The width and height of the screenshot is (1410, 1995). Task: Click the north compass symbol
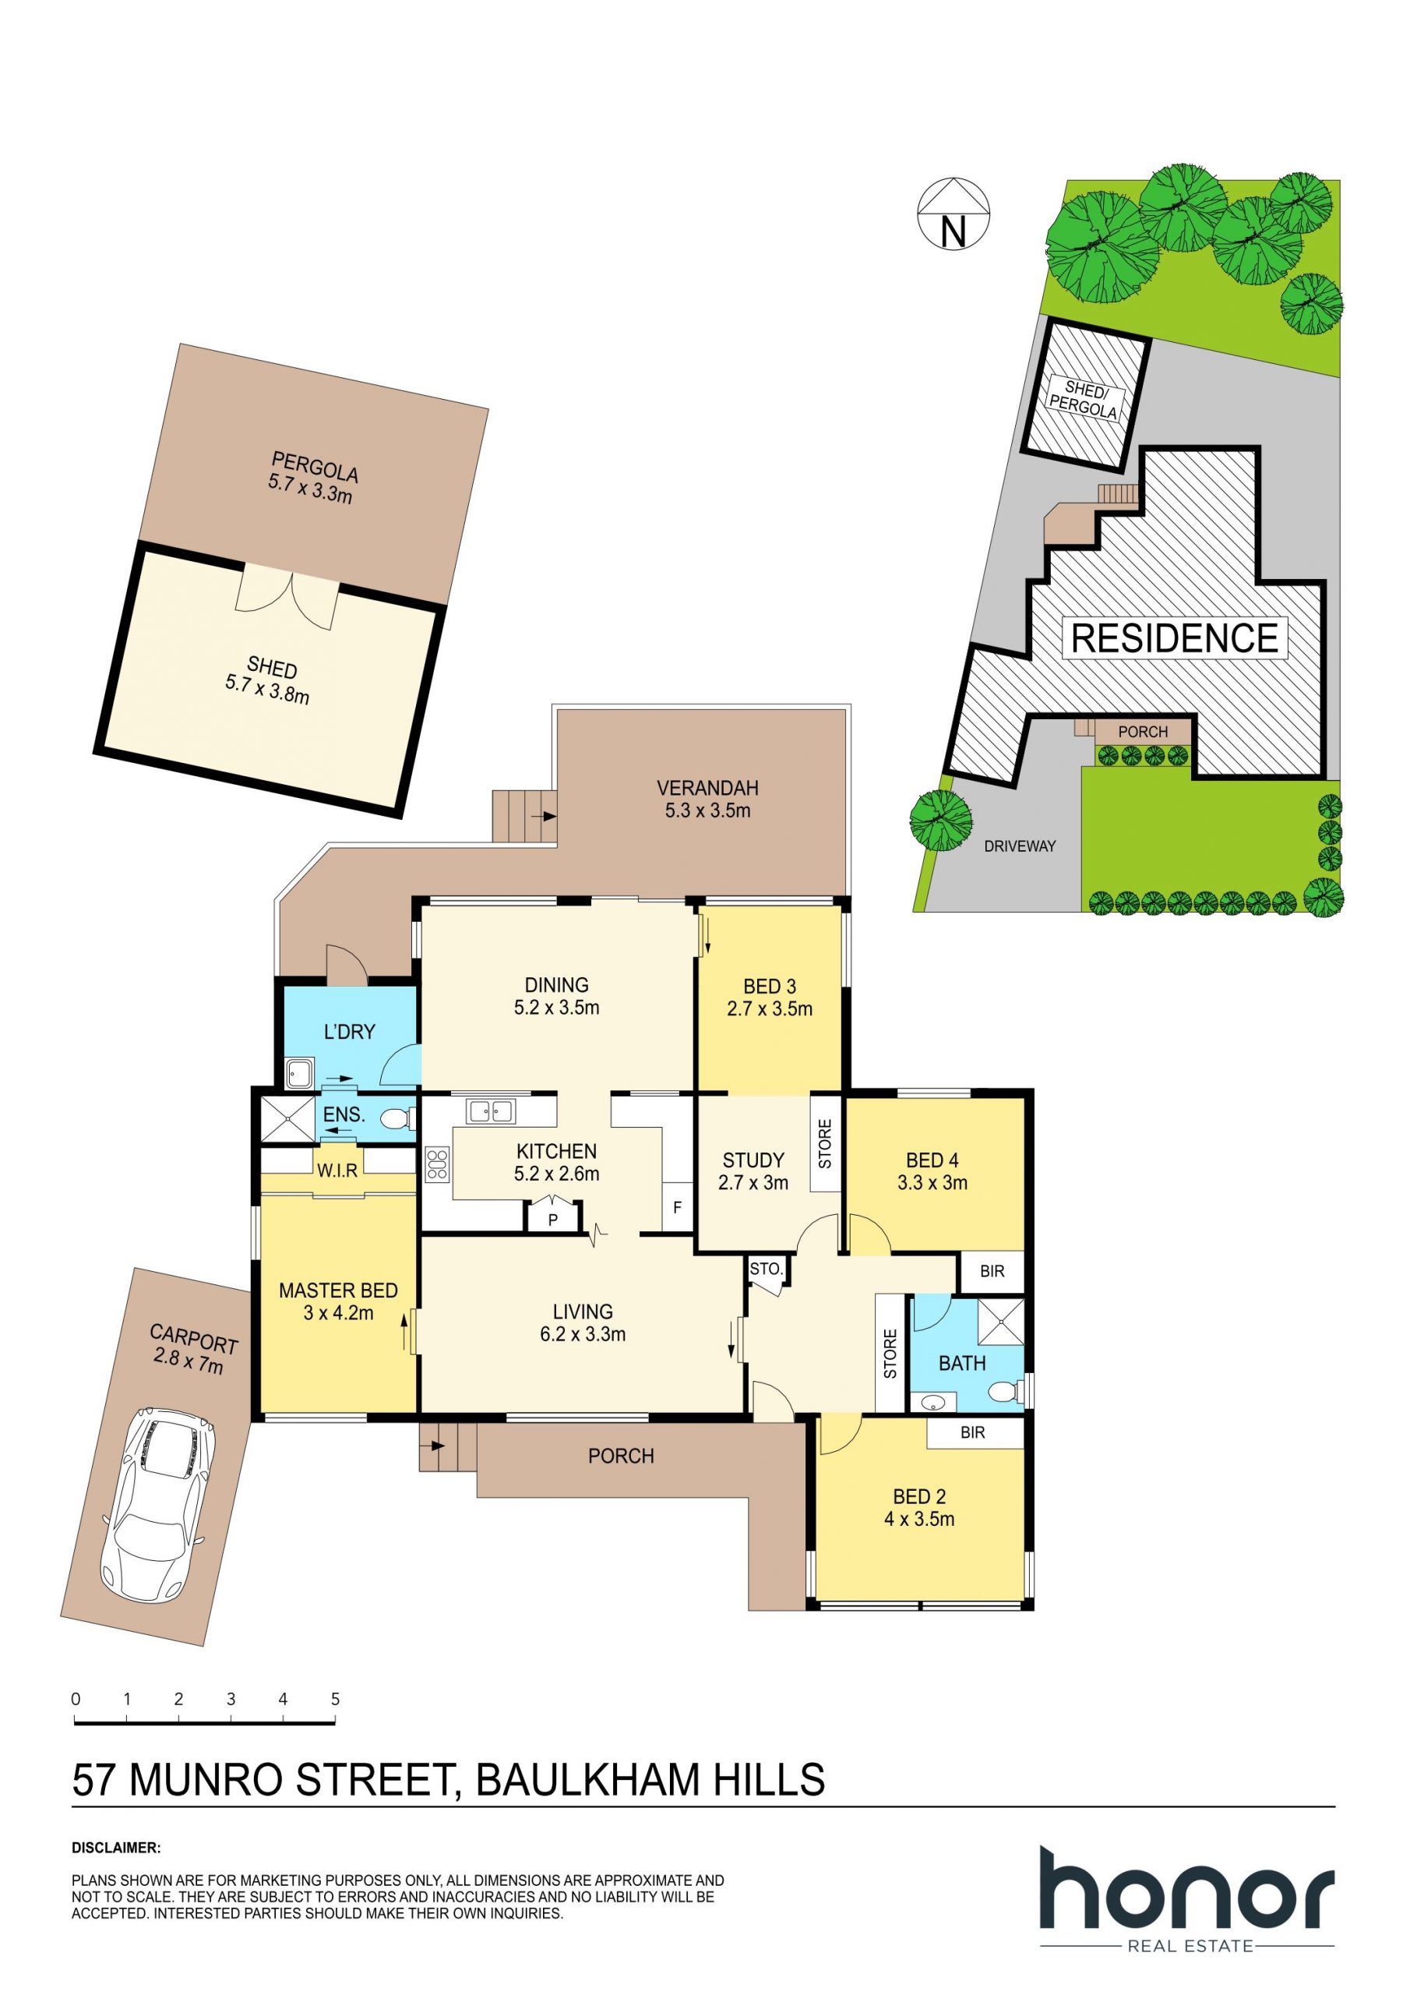point(954,214)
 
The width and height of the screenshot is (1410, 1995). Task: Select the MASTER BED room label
point(338,1291)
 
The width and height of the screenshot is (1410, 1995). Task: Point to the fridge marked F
point(678,1207)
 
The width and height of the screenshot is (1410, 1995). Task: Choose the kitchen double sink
point(492,1110)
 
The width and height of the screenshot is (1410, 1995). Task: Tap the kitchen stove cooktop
point(437,1164)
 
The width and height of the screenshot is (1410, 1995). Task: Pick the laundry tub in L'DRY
point(300,1075)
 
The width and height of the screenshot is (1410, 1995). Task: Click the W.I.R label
point(337,1171)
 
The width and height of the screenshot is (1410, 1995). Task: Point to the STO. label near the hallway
point(767,1269)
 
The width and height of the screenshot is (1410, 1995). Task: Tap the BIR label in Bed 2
point(973,1433)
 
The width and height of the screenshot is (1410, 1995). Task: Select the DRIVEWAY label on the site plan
point(1020,846)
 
